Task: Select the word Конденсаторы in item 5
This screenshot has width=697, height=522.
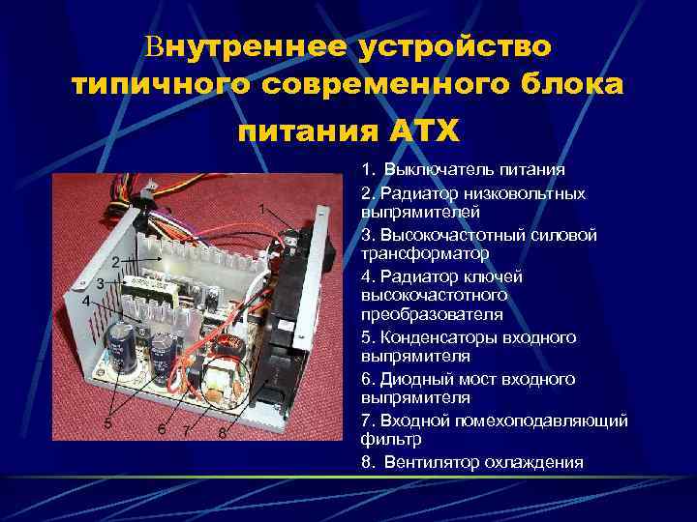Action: (x=432, y=337)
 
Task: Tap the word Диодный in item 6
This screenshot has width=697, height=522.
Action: (x=414, y=379)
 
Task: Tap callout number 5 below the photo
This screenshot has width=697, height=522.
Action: (x=107, y=423)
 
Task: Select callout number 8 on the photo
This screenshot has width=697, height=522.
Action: (x=222, y=432)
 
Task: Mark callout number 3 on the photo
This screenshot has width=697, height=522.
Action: (x=100, y=282)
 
